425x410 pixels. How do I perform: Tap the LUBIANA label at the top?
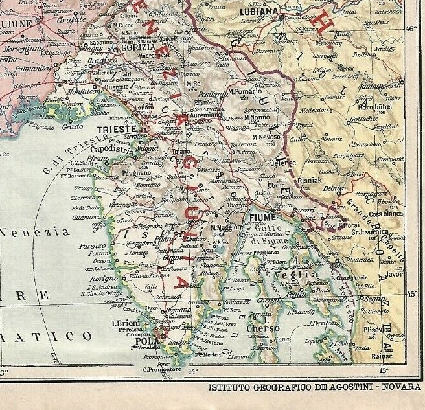[x=260, y=12]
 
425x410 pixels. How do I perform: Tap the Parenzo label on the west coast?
[x=93, y=246]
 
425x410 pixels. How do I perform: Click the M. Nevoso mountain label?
[x=267, y=137]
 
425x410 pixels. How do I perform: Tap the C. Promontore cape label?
[x=160, y=369]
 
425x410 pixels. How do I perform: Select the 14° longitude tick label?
[x=192, y=372]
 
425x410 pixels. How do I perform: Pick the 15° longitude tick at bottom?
[x=383, y=371]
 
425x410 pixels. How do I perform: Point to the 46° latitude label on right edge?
[x=412, y=28]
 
